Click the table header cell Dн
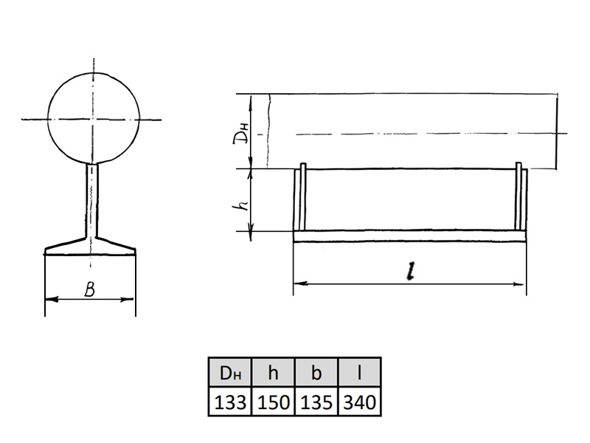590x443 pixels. (230, 372)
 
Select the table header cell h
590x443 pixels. (273, 372)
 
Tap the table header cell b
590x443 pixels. (316, 372)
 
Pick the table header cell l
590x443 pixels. (359, 372)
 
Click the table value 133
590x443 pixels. (230, 402)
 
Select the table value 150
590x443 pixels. (273, 402)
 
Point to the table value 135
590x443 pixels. (316, 402)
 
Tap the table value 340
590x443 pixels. (359, 402)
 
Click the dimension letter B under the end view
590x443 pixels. (89, 289)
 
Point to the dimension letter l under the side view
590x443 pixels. (411, 271)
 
